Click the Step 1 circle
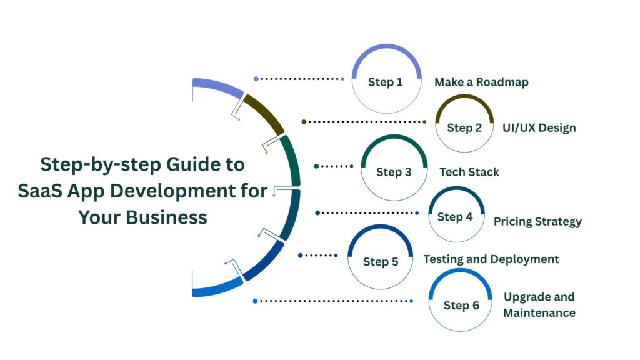tap(385, 79)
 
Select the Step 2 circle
tap(464, 124)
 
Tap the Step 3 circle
tap(394, 168)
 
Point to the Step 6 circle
tap(461, 302)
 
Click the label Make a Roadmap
tap(481, 82)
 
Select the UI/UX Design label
tap(539, 127)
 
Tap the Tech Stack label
tap(469, 172)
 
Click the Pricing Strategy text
tap(537, 221)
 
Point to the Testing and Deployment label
tap(491, 259)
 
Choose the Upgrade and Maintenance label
tap(539, 304)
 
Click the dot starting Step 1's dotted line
tap(256, 79)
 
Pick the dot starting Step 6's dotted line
tap(255, 301)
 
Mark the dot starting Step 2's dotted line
tap(304, 122)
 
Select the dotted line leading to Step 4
tap(369, 213)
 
